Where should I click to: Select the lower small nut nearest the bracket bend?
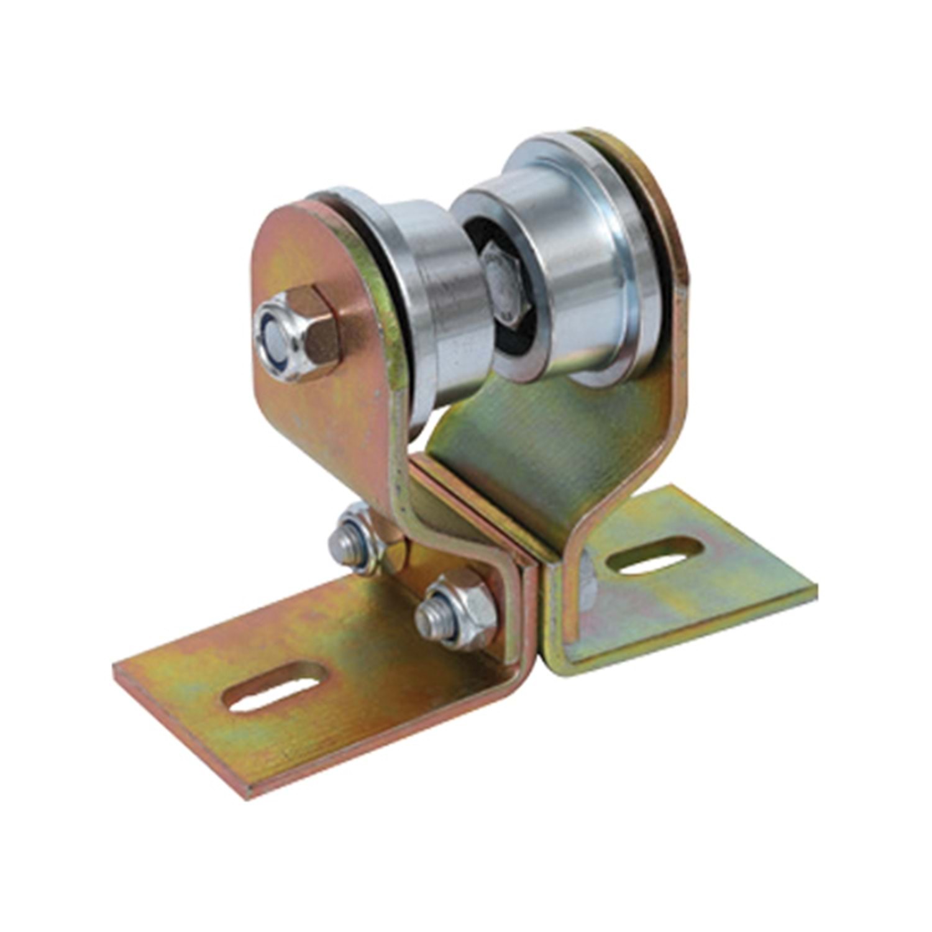point(457,609)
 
